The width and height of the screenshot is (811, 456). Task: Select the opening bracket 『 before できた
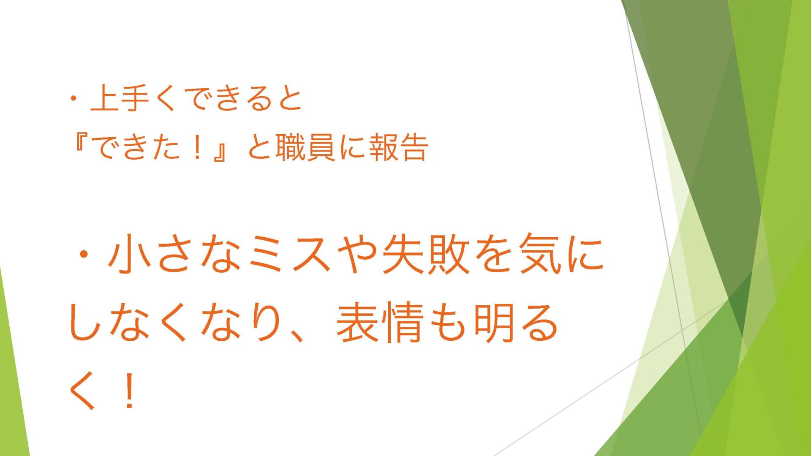79,144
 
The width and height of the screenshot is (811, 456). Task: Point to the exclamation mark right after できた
196,148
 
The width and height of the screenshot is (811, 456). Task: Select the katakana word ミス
290,254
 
